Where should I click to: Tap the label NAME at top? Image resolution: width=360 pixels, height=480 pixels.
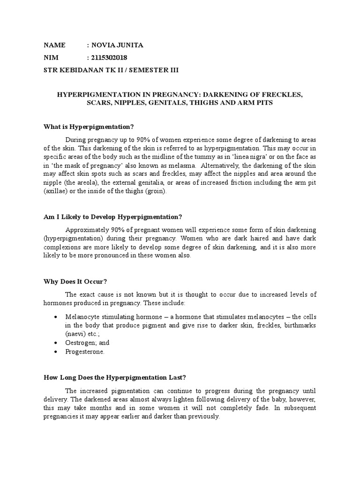(x=55, y=45)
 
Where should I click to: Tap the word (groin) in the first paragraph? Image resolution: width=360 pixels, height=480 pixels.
(x=163, y=192)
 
